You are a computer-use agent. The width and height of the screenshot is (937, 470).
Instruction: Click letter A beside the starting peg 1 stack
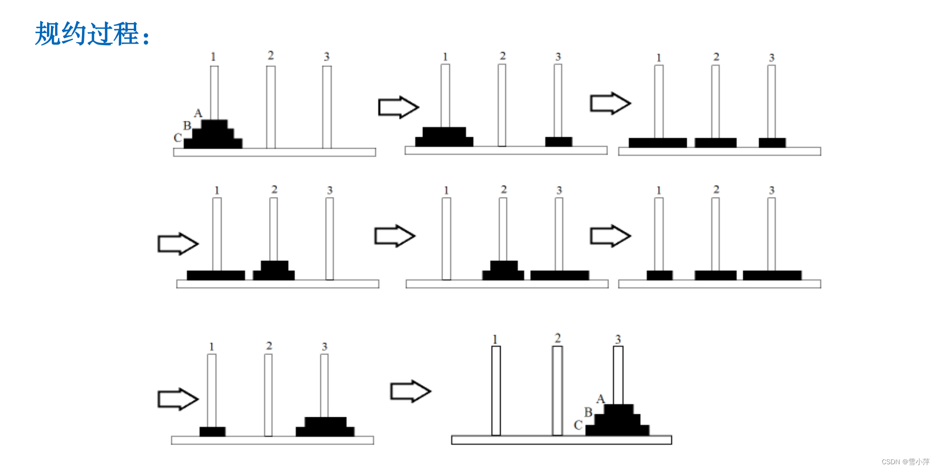coord(198,113)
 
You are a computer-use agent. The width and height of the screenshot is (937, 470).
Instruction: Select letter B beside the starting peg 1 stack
coord(187,126)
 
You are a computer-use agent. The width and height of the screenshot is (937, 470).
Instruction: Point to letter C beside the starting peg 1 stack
coord(177,138)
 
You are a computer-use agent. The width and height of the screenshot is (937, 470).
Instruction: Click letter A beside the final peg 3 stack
coord(600,399)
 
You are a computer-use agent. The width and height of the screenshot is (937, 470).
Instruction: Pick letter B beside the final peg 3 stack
coord(588,412)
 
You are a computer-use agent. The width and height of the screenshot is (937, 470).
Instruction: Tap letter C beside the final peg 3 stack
coord(578,425)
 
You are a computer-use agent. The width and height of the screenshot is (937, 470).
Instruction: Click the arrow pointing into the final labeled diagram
coord(410,391)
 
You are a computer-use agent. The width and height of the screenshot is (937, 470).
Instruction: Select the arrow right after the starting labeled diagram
coord(398,107)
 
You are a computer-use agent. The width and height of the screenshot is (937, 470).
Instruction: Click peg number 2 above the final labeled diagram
coord(558,338)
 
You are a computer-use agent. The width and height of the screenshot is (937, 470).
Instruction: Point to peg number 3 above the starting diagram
coord(327,57)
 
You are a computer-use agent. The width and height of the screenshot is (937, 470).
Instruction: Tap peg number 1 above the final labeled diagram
coord(495,340)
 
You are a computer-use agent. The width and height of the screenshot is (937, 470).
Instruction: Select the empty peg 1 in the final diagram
coord(496,390)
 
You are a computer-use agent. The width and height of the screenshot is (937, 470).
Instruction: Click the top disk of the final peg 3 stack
coord(618,409)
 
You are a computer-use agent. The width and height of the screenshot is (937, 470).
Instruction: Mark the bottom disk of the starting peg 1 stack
coord(213,143)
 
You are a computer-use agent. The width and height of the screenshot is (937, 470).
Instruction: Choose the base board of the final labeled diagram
coord(561,440)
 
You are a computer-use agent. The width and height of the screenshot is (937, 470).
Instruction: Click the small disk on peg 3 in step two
coord(559,141)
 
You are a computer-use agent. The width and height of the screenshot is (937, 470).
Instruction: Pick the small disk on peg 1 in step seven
coord(212,431)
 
